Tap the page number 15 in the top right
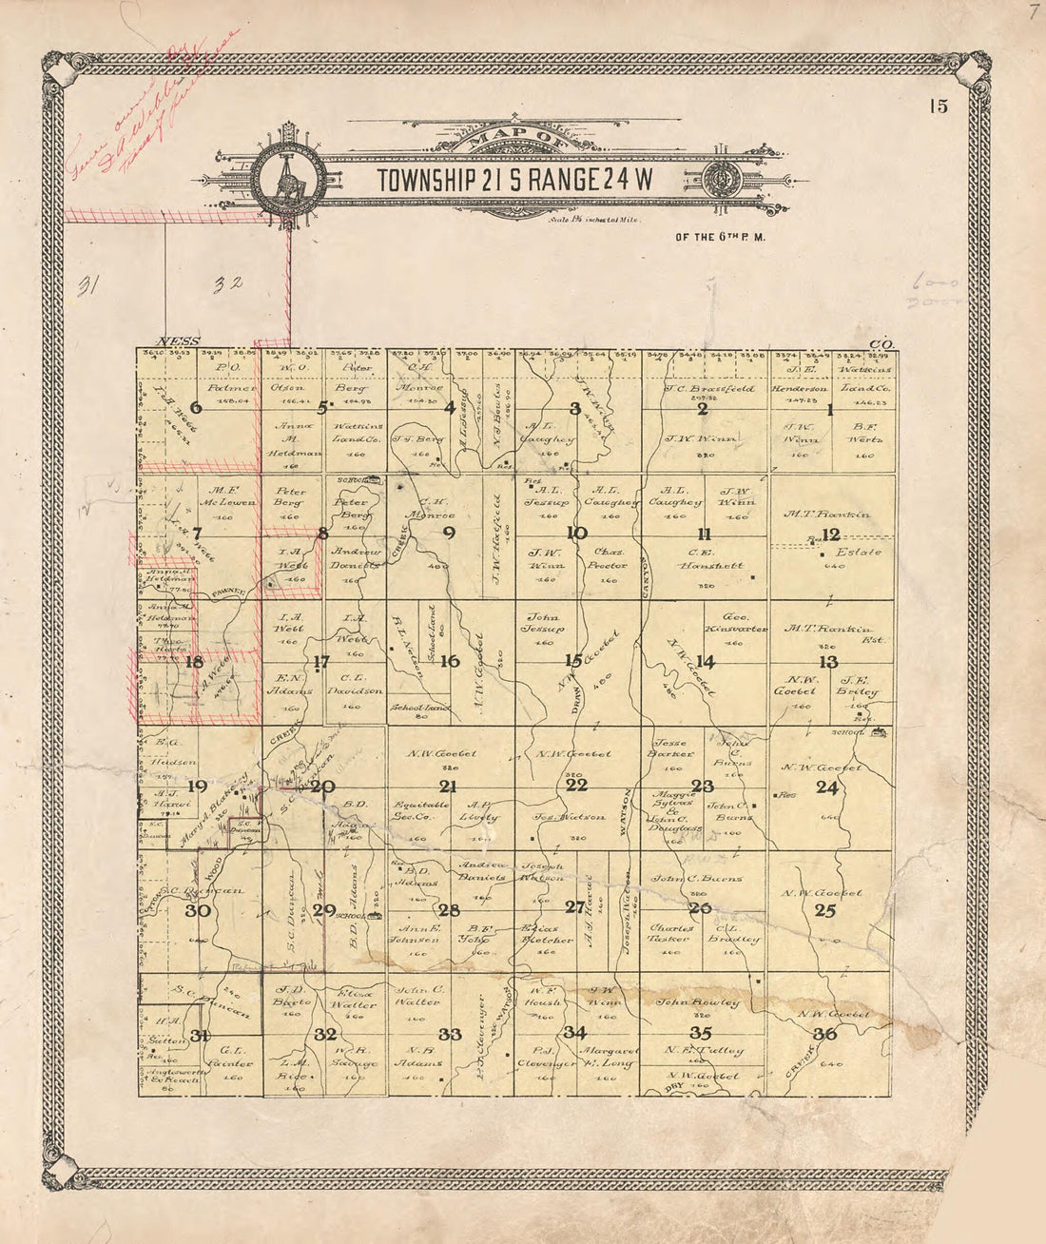[x=939, y=107]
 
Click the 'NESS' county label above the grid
[x=176, y=341]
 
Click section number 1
[x=829, y=410]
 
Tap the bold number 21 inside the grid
[x=447, y=786]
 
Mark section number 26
[x=700, y=908]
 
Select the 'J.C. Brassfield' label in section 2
[x=708, y=389]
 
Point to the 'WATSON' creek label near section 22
[x=627, y=810]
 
